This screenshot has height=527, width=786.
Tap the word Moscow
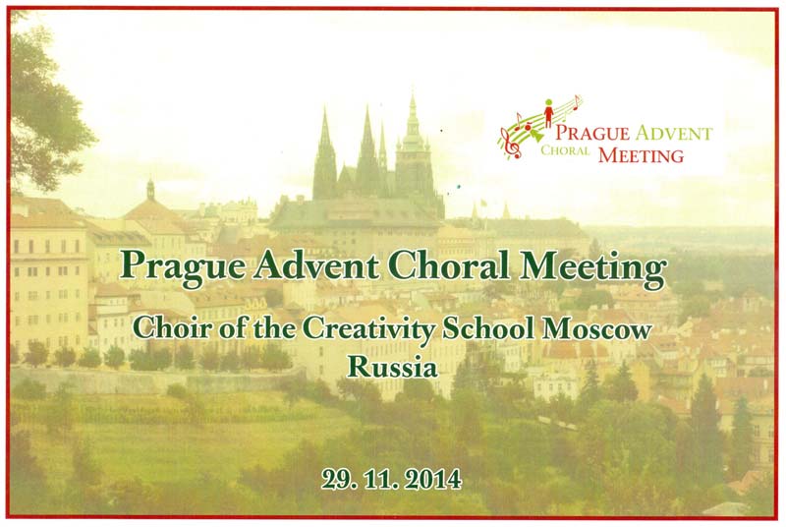[597, 329]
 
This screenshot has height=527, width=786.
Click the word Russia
[392, 368]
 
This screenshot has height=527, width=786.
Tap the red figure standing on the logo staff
[549, 112]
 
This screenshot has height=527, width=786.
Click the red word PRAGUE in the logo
[592, 133]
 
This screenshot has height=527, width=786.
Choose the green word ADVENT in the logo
[673, 134]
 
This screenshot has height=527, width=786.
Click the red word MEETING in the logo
[642, 155]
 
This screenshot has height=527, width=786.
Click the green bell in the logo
[535, 135]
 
